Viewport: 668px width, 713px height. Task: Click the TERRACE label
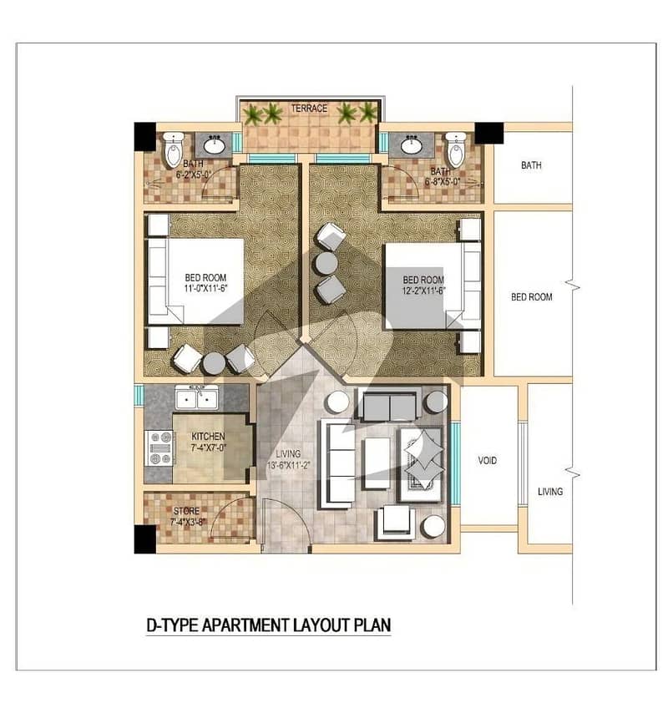[x=309, y=109]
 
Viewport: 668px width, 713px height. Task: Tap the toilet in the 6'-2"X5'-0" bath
[x=173, y=149]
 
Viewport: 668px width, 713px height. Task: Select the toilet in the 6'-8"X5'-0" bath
[x=456, y=149]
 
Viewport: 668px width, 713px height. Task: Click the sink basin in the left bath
[x=214, y=145]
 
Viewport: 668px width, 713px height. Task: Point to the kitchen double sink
[x=197, y=398]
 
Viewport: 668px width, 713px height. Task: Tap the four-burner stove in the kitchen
[x=159, y=448]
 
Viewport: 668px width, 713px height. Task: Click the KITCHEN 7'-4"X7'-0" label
[x=208, y=442]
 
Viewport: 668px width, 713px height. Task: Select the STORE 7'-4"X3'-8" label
[x=187, y=516]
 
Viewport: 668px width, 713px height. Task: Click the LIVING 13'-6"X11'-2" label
[x=288, y=459]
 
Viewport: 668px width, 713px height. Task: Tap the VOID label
[x=487, y=461]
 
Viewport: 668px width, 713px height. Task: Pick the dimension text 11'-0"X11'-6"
[x=205, y=288]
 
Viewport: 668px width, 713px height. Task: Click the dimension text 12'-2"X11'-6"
[x=423, y=291]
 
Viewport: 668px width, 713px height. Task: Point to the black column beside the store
[x=145, y=539]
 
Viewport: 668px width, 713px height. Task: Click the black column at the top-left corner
[x=145, y=136]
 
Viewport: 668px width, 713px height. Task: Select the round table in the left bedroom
[x=214, y=363]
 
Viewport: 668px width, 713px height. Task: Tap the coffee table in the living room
[x=377, y=463]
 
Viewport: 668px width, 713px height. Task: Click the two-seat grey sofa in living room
[x=390, y=406]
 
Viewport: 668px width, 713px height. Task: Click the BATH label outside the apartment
[x=531, y=165]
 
